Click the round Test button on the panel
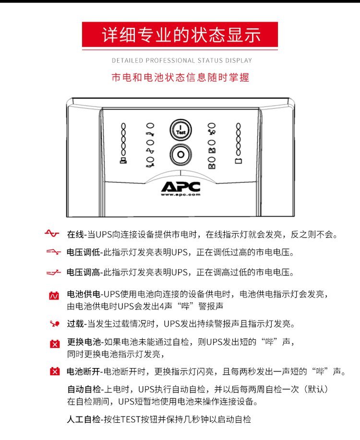point(180,130)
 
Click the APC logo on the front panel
point(180,186)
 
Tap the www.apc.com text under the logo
point(180,194)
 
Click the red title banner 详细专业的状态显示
point(180,35)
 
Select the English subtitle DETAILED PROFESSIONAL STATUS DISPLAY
point(182,60)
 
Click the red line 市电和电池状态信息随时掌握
point(180,77)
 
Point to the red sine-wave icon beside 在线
point(52,233)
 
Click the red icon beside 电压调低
point(53,252)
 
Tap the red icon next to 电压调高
point(53,272)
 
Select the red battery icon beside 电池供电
point(54,295)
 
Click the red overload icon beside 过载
point(54,323)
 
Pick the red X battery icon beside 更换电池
point(54,344)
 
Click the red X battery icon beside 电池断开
point(54,371)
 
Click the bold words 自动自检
point(84,389)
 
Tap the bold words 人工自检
point(84,419)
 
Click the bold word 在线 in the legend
point(75,234)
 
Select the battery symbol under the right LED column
point(238,161)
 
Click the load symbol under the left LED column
point(123,161)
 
